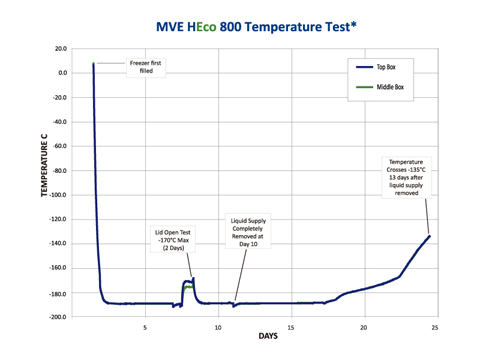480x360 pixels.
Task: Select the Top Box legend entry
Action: coord(387,67)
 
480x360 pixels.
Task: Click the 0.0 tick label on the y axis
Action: coord(62,73)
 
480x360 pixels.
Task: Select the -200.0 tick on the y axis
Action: coord(58,316)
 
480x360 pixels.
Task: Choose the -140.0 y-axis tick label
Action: coord(58,243)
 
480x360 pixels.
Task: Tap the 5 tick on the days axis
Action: coord(145,325)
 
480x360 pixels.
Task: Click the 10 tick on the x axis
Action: coord(218,325)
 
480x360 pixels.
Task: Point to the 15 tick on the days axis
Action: coord(291,325)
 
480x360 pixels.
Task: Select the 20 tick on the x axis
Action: coord(364,325)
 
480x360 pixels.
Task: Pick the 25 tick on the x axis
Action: coord(437,325)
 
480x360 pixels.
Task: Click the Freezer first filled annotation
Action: coord(147,67)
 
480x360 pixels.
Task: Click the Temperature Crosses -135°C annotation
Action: coord(408,171)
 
